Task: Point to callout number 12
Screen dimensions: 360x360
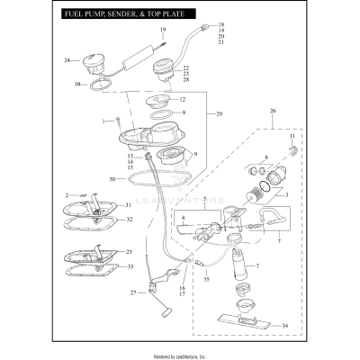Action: pos(183,99)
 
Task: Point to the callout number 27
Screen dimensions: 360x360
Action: pos(132,292)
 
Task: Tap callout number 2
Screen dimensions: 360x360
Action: pos(67,193)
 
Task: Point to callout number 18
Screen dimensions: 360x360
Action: pos(222,24)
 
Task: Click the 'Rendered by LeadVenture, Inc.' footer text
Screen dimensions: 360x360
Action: pos(180,353)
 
